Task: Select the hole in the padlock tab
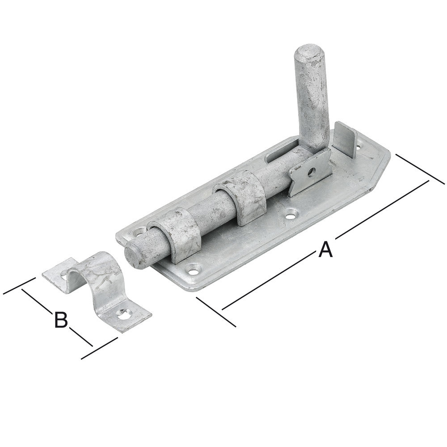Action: coord(312,172)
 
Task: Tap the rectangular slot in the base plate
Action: coord(281,154)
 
